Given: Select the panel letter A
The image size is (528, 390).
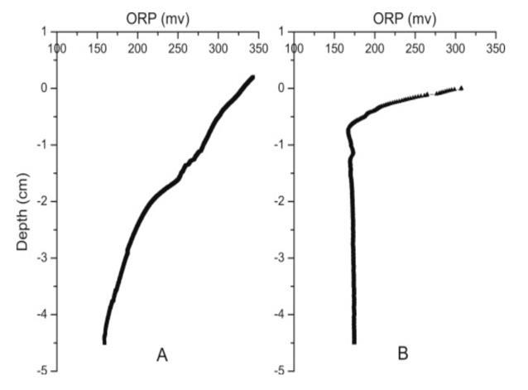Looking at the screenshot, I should click(162, 354).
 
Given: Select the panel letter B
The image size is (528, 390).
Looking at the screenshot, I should click(402, 354).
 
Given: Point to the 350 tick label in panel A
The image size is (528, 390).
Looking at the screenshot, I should click(257, 50).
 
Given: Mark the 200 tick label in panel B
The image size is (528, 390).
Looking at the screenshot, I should click(375, 50).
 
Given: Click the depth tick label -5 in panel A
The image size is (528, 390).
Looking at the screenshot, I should click(41, 370).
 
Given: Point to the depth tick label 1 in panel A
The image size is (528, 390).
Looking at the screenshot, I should click(44, 31).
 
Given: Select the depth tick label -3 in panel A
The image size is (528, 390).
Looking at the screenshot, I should click(41, 258).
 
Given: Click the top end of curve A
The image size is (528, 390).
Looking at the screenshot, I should click(252, 77).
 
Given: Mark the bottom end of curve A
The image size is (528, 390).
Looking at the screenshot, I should click(105, 341).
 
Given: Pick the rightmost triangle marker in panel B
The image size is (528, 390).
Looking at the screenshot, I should click(461, 87).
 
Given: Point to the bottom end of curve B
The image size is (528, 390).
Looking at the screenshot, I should click(354, 341).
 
